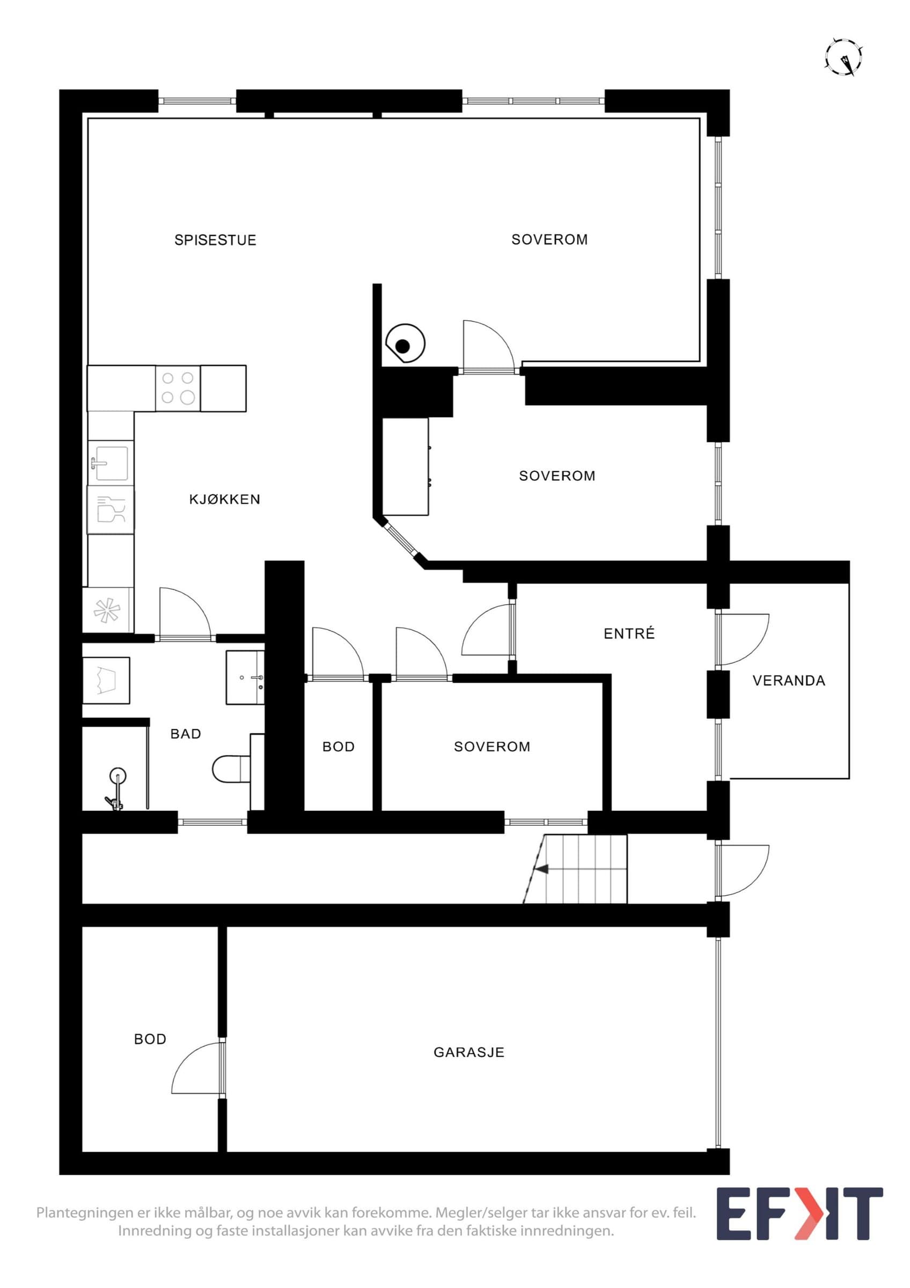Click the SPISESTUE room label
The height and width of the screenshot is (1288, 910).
click(215, 240)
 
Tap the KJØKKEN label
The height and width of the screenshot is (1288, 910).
click(225, 499)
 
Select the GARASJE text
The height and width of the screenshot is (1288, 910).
click(469, 1052)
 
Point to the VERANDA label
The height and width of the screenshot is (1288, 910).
click(789, 681)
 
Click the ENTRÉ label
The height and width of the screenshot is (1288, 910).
click(629, 633)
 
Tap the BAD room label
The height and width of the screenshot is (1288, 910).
click(186, 734)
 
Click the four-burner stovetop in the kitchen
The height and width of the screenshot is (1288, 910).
click(178, 387)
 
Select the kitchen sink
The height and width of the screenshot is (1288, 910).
click(111, 463)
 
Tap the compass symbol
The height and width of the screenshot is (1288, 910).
click(843, 57)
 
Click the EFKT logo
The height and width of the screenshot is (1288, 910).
click(799, 1213)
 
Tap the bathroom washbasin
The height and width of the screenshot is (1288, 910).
click(245, 677)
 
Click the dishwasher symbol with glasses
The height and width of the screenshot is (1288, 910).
click(111, 510)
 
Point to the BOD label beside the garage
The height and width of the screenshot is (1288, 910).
click(150, 1040)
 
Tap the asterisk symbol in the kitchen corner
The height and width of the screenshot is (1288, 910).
click(107, 610)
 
